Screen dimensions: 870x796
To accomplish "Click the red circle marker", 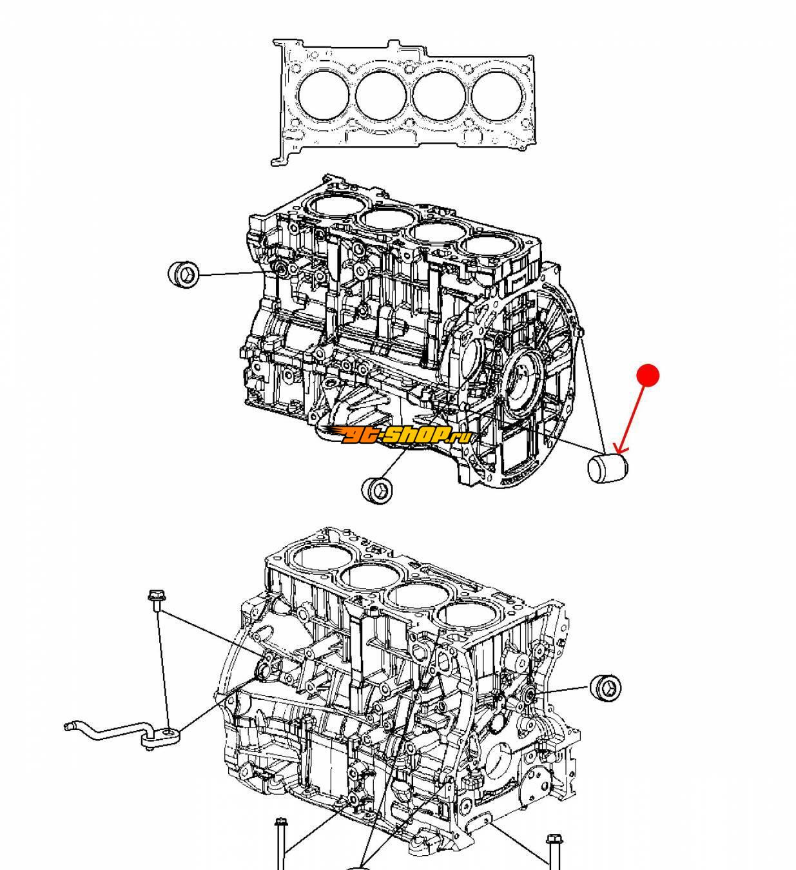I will pyautogui.click(x=648, y=375).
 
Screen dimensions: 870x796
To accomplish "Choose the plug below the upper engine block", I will pyautogui.click(x=378, y=489).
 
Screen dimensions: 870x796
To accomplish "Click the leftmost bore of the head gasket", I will pyautogui.click(x=324, y=95).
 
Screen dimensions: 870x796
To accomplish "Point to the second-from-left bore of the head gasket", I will pyautogui.click(x=380, y=95).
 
